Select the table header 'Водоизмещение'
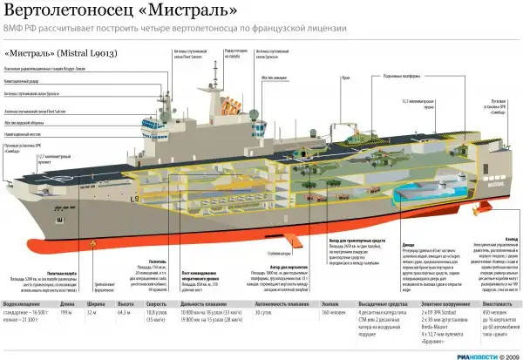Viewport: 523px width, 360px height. [x=24, y=304]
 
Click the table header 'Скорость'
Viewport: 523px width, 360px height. [x=156, y=304]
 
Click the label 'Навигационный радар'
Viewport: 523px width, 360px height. [x=30, y=85]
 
